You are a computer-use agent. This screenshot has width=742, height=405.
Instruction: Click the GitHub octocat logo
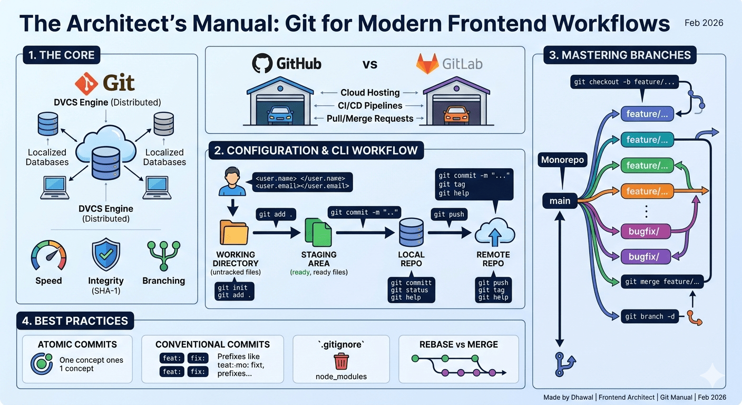point(262,64)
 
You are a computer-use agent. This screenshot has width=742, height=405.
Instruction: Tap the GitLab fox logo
point(427,64)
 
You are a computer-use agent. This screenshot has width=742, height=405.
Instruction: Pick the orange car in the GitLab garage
point(454,114)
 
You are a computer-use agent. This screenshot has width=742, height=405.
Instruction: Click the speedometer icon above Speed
point(49,256)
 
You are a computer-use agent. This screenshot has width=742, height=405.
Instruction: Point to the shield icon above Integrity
point(106,255)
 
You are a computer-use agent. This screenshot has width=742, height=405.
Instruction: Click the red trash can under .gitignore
point(341,362)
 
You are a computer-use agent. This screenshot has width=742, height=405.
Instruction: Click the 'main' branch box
point(560,201)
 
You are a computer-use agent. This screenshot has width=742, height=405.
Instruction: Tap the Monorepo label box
point(563,160)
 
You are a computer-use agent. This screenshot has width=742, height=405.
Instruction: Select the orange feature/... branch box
point(648,191)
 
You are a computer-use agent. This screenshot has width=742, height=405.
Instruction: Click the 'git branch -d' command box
point(650,316)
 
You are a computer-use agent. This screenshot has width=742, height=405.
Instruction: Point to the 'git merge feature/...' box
point(662,282)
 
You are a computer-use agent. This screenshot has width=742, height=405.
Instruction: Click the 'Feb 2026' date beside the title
point(704,23)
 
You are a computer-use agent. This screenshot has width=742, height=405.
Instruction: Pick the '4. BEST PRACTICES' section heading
point(75,321)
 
